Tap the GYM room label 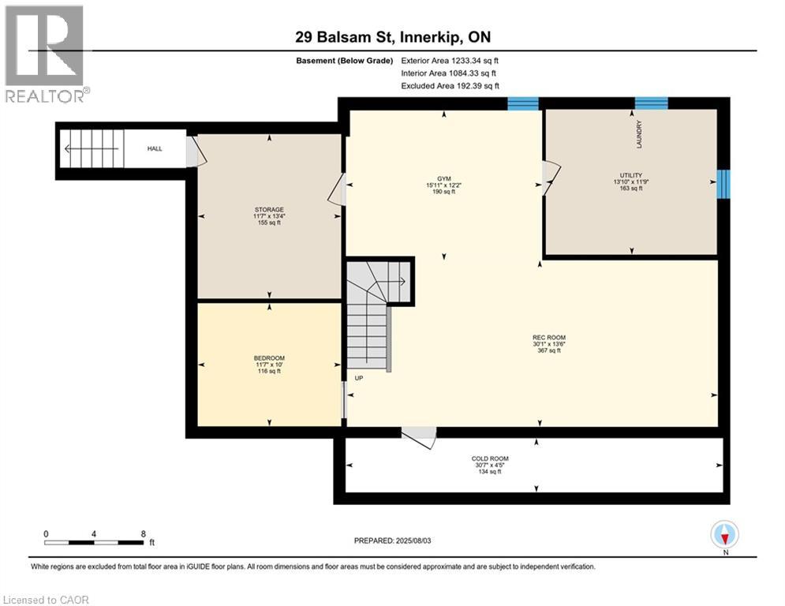[443, 179]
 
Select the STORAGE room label [269, 210]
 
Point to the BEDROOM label [269, 358]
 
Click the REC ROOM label [549, 338]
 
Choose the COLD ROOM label [490, 458]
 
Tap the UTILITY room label [631, 175]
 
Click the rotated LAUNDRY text [639, 133]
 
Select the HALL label [155, 149]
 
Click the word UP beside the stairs [359, 378]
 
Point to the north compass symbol [725, 535]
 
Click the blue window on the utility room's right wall [723, 184]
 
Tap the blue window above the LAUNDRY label [652, 103]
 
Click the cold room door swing [419, 436]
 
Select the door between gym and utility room [550, 178]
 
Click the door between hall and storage [196, 151]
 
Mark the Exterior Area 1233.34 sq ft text [450, 61]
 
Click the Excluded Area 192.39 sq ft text [450, 86]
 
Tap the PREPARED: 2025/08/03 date [393, 541]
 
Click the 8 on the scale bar [143, 534]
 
